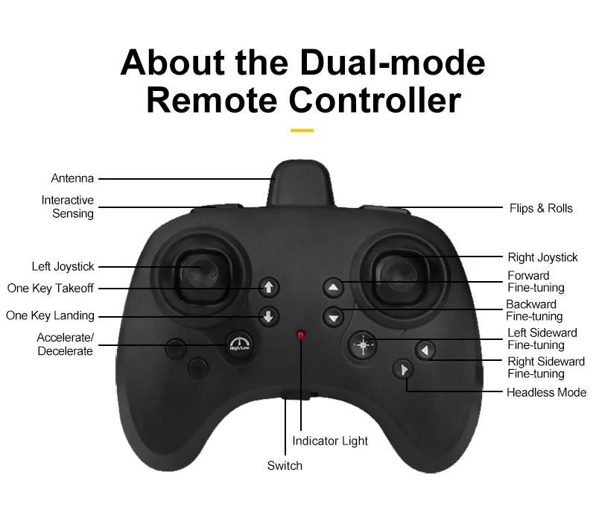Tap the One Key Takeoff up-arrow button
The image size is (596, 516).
pos(269,287)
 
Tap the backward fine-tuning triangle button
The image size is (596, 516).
pos(333,316)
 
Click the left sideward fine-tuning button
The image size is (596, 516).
pos(425,350)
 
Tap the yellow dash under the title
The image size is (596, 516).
pos(302,130)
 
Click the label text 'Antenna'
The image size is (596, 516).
pos(72,178)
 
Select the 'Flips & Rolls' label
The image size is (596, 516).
pos(541,208)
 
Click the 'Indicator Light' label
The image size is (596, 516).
pos(330,441)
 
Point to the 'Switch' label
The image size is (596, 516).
pos(285,465)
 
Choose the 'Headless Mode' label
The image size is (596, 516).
pos(546,392)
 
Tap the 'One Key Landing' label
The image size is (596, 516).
pos(50,315)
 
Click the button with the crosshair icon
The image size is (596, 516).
pos(363,344)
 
